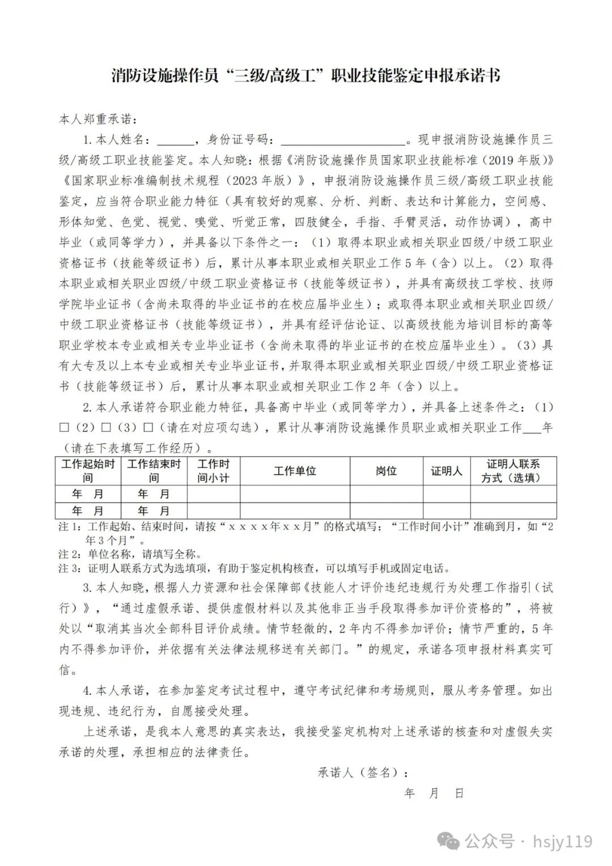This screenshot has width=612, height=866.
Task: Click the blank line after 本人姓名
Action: (175, 141)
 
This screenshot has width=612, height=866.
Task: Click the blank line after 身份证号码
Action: (344, 141)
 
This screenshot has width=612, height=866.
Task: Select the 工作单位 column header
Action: (295, 471)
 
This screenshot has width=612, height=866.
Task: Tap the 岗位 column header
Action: (386, 471)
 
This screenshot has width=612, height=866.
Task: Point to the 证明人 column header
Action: (447, 471)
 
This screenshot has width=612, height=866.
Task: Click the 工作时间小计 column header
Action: (213, 471)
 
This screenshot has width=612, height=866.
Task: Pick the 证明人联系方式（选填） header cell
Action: (513, 471)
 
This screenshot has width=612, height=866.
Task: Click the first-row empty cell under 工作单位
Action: (295, 493)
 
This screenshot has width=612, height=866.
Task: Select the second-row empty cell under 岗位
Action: (386, 510)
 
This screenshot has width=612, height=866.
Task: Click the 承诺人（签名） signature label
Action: (363, 772)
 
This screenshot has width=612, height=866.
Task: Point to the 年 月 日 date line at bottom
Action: (434, 793)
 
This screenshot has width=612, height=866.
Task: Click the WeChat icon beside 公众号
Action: (451, 840)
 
